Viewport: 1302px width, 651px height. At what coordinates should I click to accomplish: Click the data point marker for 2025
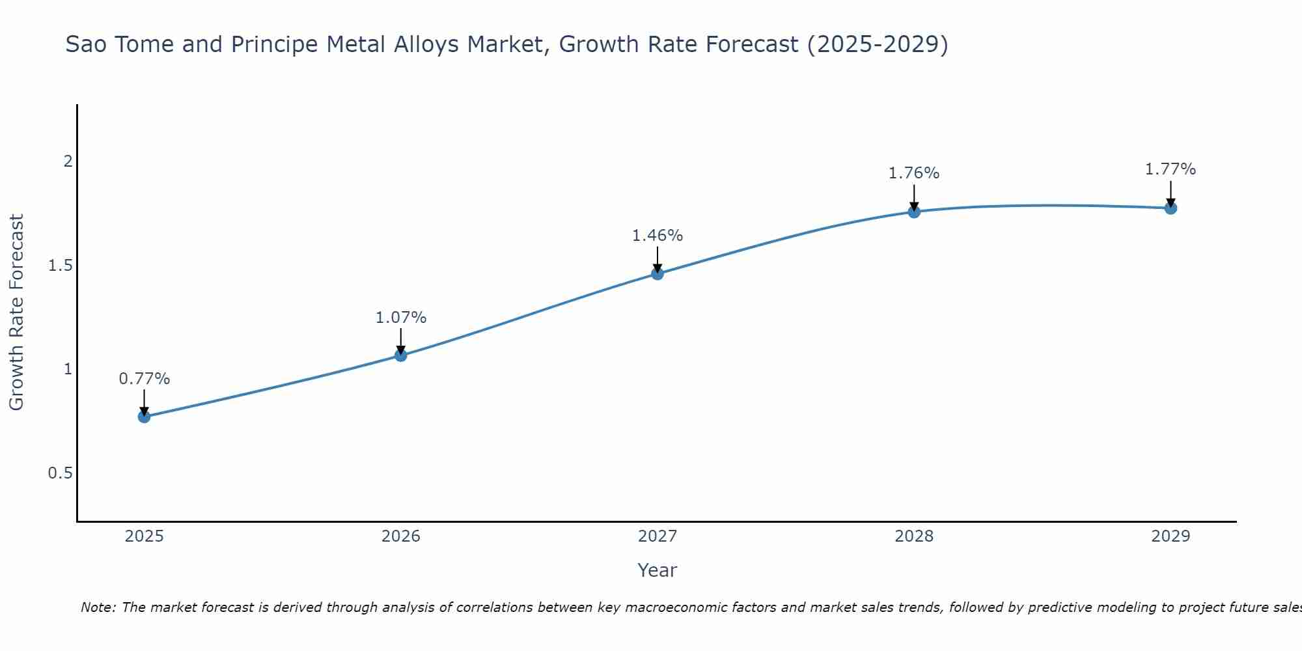tap(145, 417)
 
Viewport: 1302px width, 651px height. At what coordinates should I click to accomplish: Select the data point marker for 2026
tap(401, 355)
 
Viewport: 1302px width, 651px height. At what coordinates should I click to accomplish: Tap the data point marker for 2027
tap(658, 274)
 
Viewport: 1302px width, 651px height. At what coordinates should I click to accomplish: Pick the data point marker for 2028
tap(914, 212)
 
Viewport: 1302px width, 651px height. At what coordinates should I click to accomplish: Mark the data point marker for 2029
tap(1170, 208)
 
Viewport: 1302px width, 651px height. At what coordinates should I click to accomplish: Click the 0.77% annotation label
tap(145, 379)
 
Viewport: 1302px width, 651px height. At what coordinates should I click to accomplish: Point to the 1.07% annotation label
tap(401, 318)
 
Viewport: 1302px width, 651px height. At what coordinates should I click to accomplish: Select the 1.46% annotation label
tap(658, 236)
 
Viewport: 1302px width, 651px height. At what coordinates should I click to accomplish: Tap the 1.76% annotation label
tap(914, 173)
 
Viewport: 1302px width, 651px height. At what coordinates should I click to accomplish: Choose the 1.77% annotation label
tap(1170, 169)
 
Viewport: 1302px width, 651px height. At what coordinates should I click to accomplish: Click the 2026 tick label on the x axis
tap(401, 536)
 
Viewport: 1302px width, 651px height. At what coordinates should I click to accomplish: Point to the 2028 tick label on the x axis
tap(914, 536)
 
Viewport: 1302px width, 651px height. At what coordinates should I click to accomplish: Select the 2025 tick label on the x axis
tap(145, 536)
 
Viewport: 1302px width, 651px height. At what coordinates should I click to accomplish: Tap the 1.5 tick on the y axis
tap(61, 266)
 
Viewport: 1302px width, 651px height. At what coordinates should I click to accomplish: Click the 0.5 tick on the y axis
tap(61, 473)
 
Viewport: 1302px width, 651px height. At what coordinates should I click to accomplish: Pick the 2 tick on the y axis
tap(68, 161)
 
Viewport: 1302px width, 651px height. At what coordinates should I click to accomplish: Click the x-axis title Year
tap(658, 570)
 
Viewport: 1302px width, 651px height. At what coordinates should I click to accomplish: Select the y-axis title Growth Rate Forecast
tap(17, 312)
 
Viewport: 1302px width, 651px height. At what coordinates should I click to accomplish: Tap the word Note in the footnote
tap(98, 607)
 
